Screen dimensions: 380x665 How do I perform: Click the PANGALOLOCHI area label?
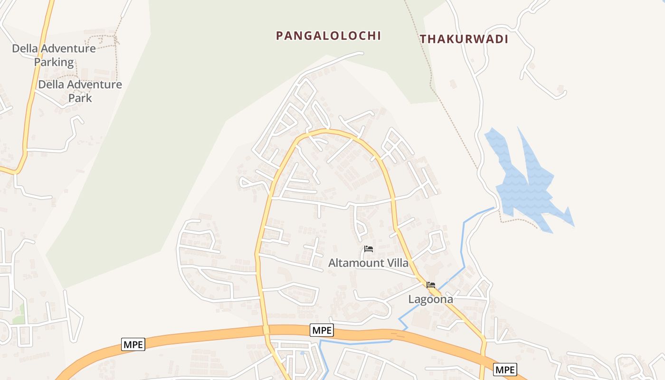tap(329, 36)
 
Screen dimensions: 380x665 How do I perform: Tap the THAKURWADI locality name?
tap(464, 39)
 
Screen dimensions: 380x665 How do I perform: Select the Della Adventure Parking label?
tap(54, 55)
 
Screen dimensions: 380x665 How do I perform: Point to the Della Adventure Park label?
tap(80, 91)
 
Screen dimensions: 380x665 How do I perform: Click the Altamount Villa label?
tap(368, 263)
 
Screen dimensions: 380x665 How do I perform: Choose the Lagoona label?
tap(431, 299)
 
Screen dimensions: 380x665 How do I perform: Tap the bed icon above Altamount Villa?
tap(368, 249)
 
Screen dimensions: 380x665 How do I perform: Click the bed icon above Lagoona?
tap(431, 285)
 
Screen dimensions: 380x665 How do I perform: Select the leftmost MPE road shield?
tap(133, 344)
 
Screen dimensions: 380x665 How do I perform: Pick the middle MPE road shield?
tap(322, 330)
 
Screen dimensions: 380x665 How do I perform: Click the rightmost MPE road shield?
tap(504, 370)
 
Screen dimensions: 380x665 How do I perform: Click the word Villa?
tap(394, 263)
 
